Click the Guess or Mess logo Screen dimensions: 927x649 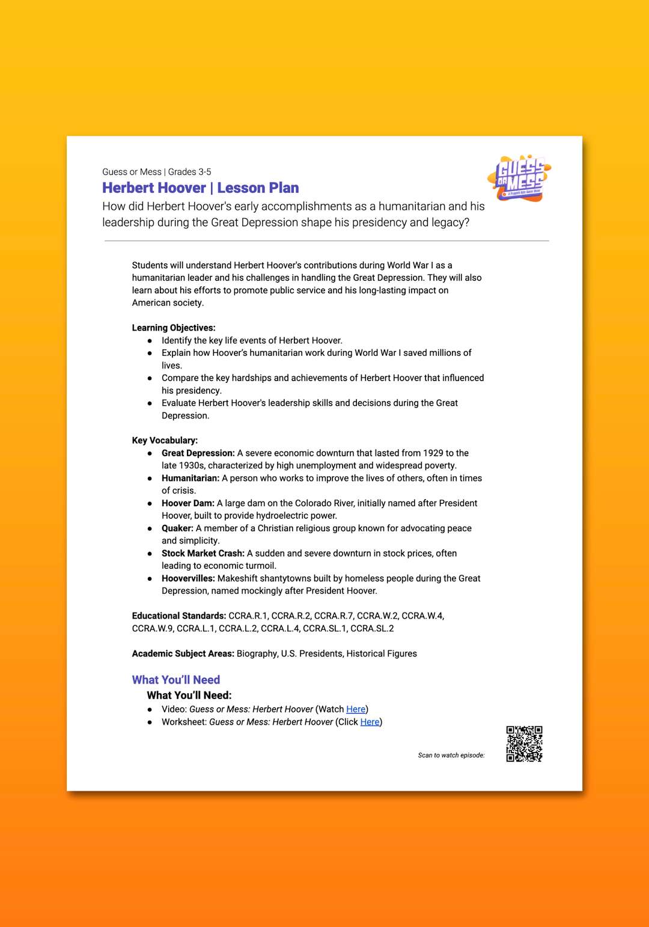[x=520, y=179]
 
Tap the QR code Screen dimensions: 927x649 [x=524, y=744]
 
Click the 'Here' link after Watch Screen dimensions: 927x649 [x=356, y=709]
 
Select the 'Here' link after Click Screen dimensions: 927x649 [x=370, y=722]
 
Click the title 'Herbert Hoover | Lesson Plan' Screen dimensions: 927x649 [x=200, y=188]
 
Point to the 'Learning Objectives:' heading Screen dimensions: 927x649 [x=174, y=328]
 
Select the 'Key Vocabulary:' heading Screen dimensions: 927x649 [x=165, y=440]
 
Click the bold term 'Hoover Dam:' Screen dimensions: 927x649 [x=188, y=503]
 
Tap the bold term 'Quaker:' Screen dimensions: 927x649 [x=177, y=528]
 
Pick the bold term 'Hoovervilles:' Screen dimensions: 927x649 [x=188, y=578]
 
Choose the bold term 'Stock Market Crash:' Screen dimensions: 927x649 [x=203, y=553]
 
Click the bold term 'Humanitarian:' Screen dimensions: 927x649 [x=190, y=478]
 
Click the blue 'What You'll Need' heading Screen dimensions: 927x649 [x=176, y=680]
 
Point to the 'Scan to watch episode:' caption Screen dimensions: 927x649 [x=451, y=755]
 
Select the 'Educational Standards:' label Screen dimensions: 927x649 [x=179, y=616]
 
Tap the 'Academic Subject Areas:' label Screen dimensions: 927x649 [x=183, y=653]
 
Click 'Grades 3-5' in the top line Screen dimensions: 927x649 [x=189, y=172]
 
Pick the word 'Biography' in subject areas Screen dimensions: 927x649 [x=257, y=653]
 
